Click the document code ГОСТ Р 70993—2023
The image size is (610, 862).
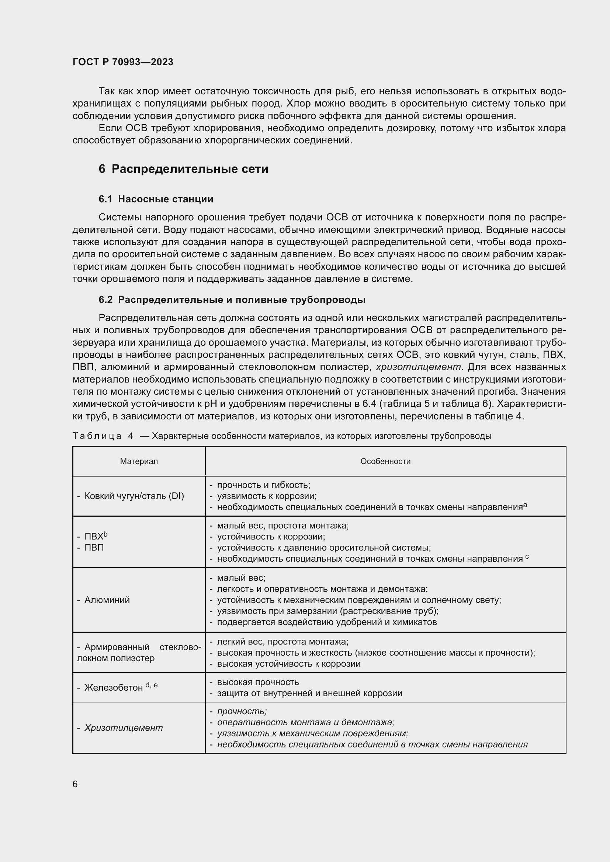[x=123, y=62]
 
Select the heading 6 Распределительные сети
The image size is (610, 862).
[x=183, y=169]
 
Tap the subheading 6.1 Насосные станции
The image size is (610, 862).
[x=156, y=199]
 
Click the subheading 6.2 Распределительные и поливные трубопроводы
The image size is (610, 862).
[x=232, y=300]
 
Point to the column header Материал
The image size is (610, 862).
[x=139, y=461]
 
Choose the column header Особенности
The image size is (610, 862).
[x=385, y=461]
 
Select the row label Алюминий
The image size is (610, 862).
[x=107, y=600]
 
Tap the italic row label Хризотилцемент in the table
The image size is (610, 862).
[x=124, y=727]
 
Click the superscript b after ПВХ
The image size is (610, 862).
[x=105, y=534]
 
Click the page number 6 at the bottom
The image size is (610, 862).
[x=75, y=784]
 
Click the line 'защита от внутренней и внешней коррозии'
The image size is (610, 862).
[x=309, y=693]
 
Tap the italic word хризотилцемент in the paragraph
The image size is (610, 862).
[x=419, y=366]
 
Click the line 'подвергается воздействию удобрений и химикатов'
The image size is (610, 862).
[x=327, y=622]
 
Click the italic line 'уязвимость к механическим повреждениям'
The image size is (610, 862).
[x=312, y=733]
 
